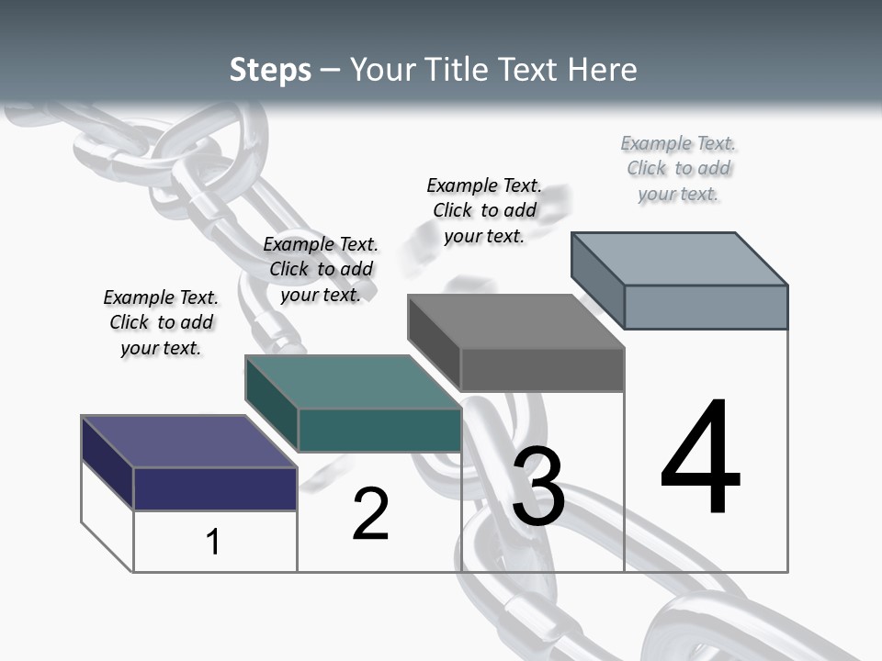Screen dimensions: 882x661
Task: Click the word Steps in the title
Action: coord(270,70)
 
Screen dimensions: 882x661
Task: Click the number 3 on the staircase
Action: coord(538,487)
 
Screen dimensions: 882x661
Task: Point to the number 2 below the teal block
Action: coord(370,514)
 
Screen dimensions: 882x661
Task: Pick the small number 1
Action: coord(213,542)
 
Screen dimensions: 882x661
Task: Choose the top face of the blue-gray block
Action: coord(680,259)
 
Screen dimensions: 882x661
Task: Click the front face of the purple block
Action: coord(215,488)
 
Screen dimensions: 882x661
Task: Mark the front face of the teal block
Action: coord(379,430)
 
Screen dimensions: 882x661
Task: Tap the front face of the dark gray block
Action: coord(542,370)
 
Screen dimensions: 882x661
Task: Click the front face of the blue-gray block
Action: coord(706,307)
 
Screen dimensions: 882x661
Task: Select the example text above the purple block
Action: coord(161,322)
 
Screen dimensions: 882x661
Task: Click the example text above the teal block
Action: coord(321,269)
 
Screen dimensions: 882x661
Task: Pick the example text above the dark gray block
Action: coord(484,210)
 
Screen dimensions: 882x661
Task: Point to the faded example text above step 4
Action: coord(678,168)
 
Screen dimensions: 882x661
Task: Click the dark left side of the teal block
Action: coord(272,399)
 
